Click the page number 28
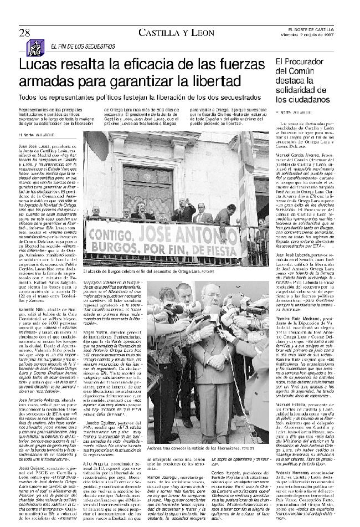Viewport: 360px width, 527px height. pos(24,32)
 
